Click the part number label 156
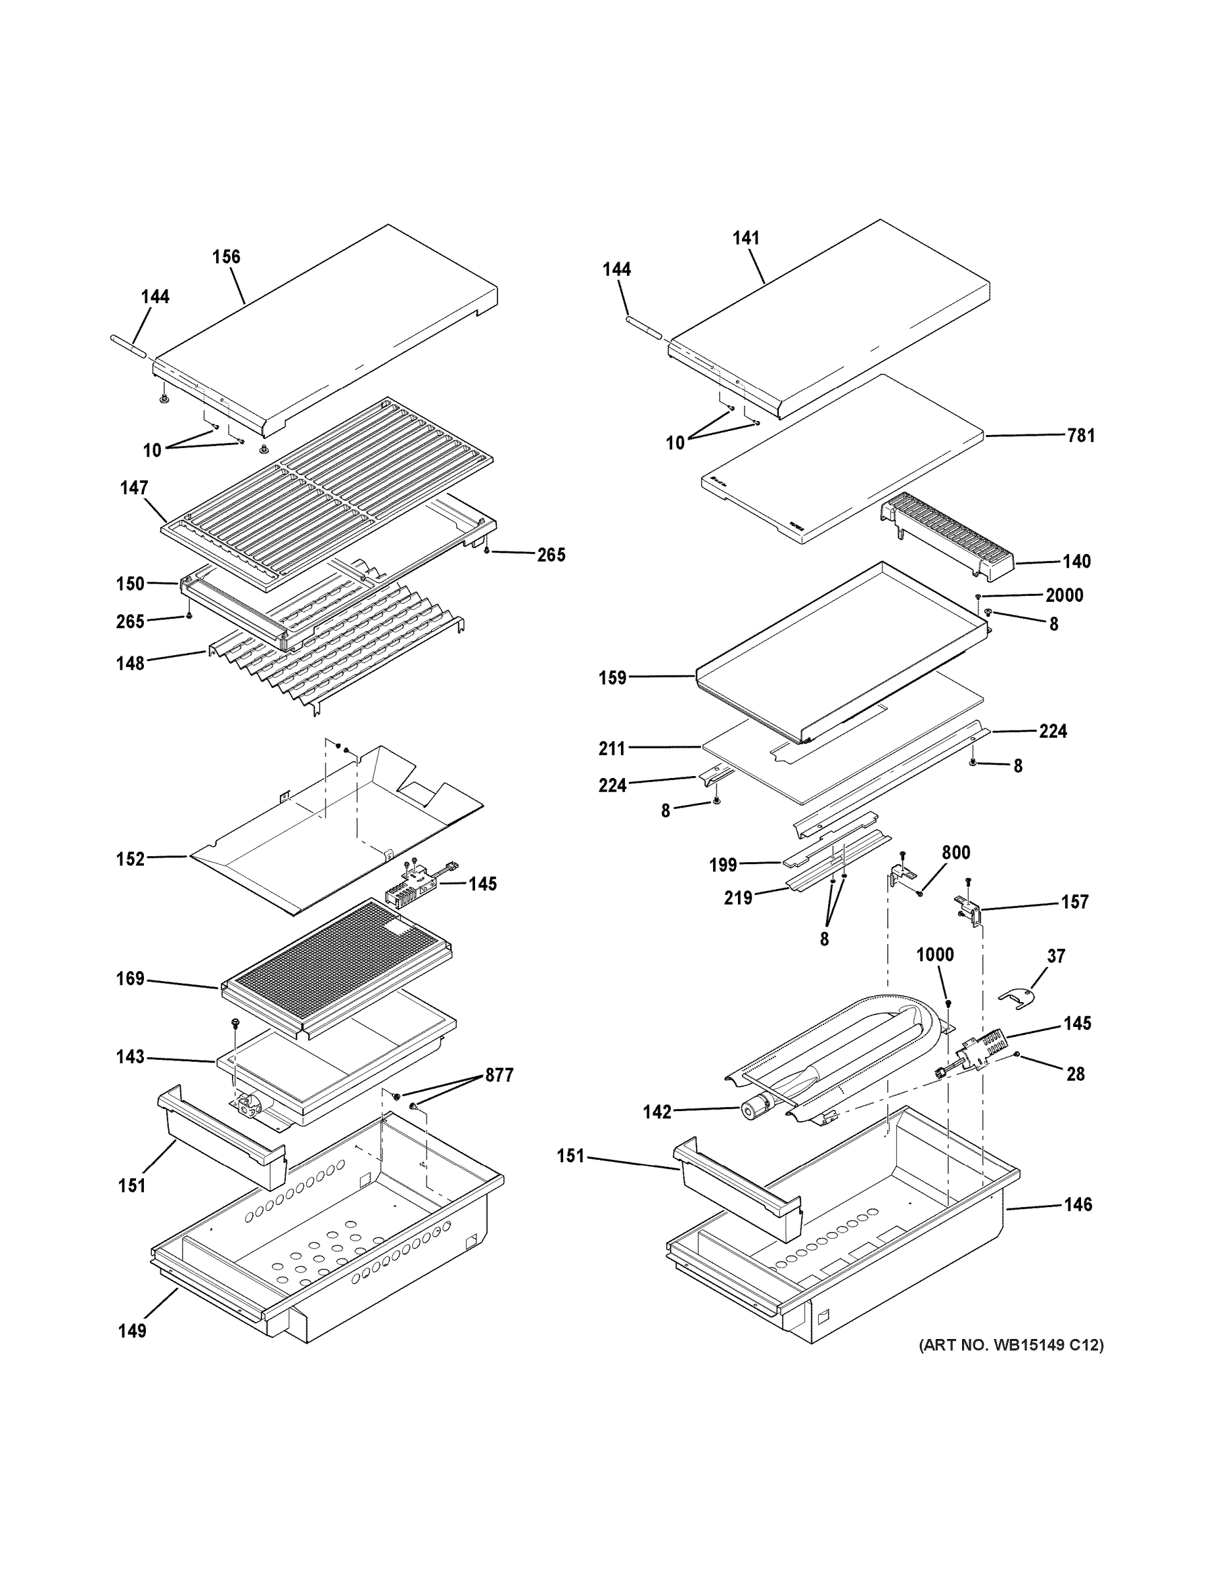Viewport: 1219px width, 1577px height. pos(226,257)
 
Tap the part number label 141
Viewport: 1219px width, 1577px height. pos(746,238)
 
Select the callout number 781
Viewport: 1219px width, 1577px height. pos(1080,436)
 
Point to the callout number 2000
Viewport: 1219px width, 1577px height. pos(1064,595)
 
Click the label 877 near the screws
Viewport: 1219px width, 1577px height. pos(499,1075)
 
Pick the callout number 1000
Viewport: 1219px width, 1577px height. pos(934,955)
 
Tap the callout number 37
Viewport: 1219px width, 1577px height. pos(1056,956)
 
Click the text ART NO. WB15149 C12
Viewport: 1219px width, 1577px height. pos(1011,1344)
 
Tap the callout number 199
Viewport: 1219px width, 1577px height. pos(723,865)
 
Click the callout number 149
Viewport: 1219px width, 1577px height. pos(132,1331)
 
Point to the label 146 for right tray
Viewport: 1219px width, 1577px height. pos(1077,1204)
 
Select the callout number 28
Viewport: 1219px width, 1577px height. pos(1075,1074)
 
